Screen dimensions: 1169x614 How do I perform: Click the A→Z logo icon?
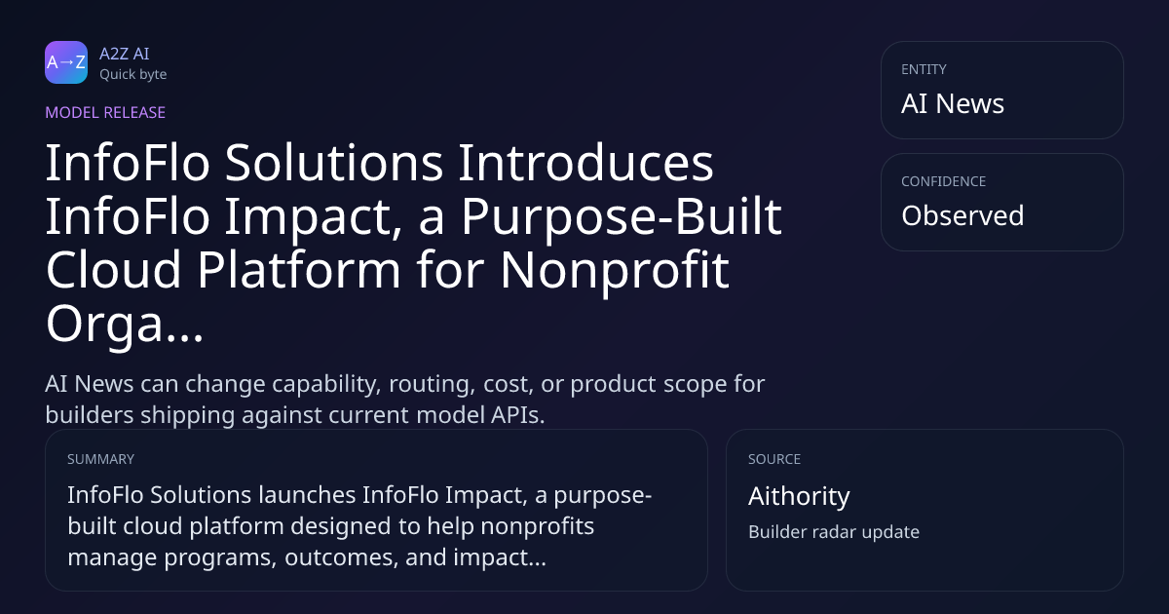[x=66, y=62]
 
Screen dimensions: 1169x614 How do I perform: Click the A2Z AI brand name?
[x=125, y=54]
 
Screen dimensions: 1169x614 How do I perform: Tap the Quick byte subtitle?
[x=133, y=75]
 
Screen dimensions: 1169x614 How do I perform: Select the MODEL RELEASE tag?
[x=105, y=112]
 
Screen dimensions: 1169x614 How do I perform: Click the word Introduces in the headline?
[x=585, y=163]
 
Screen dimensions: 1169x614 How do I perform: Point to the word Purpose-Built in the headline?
[x=622, y=216]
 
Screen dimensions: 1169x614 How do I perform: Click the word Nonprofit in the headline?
[x=615, y=270]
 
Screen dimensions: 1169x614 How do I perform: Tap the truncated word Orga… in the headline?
[x=125, y=324]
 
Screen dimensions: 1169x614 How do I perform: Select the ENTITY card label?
[x=924, y=69]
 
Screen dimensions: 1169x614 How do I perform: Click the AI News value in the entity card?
[x=953, y=103]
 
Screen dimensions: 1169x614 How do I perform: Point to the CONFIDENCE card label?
[x=944, y=181]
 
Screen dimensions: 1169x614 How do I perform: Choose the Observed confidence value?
[x=962, y=215]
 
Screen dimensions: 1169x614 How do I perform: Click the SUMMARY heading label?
[x=100, y=459]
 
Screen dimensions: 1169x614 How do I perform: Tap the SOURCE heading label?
[x=774, y=459]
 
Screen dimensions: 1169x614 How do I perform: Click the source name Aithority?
[x=799, y=496]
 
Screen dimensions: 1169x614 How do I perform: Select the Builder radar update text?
[x=834, y=532]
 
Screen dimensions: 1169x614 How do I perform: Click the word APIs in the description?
[x=517, y=415]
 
